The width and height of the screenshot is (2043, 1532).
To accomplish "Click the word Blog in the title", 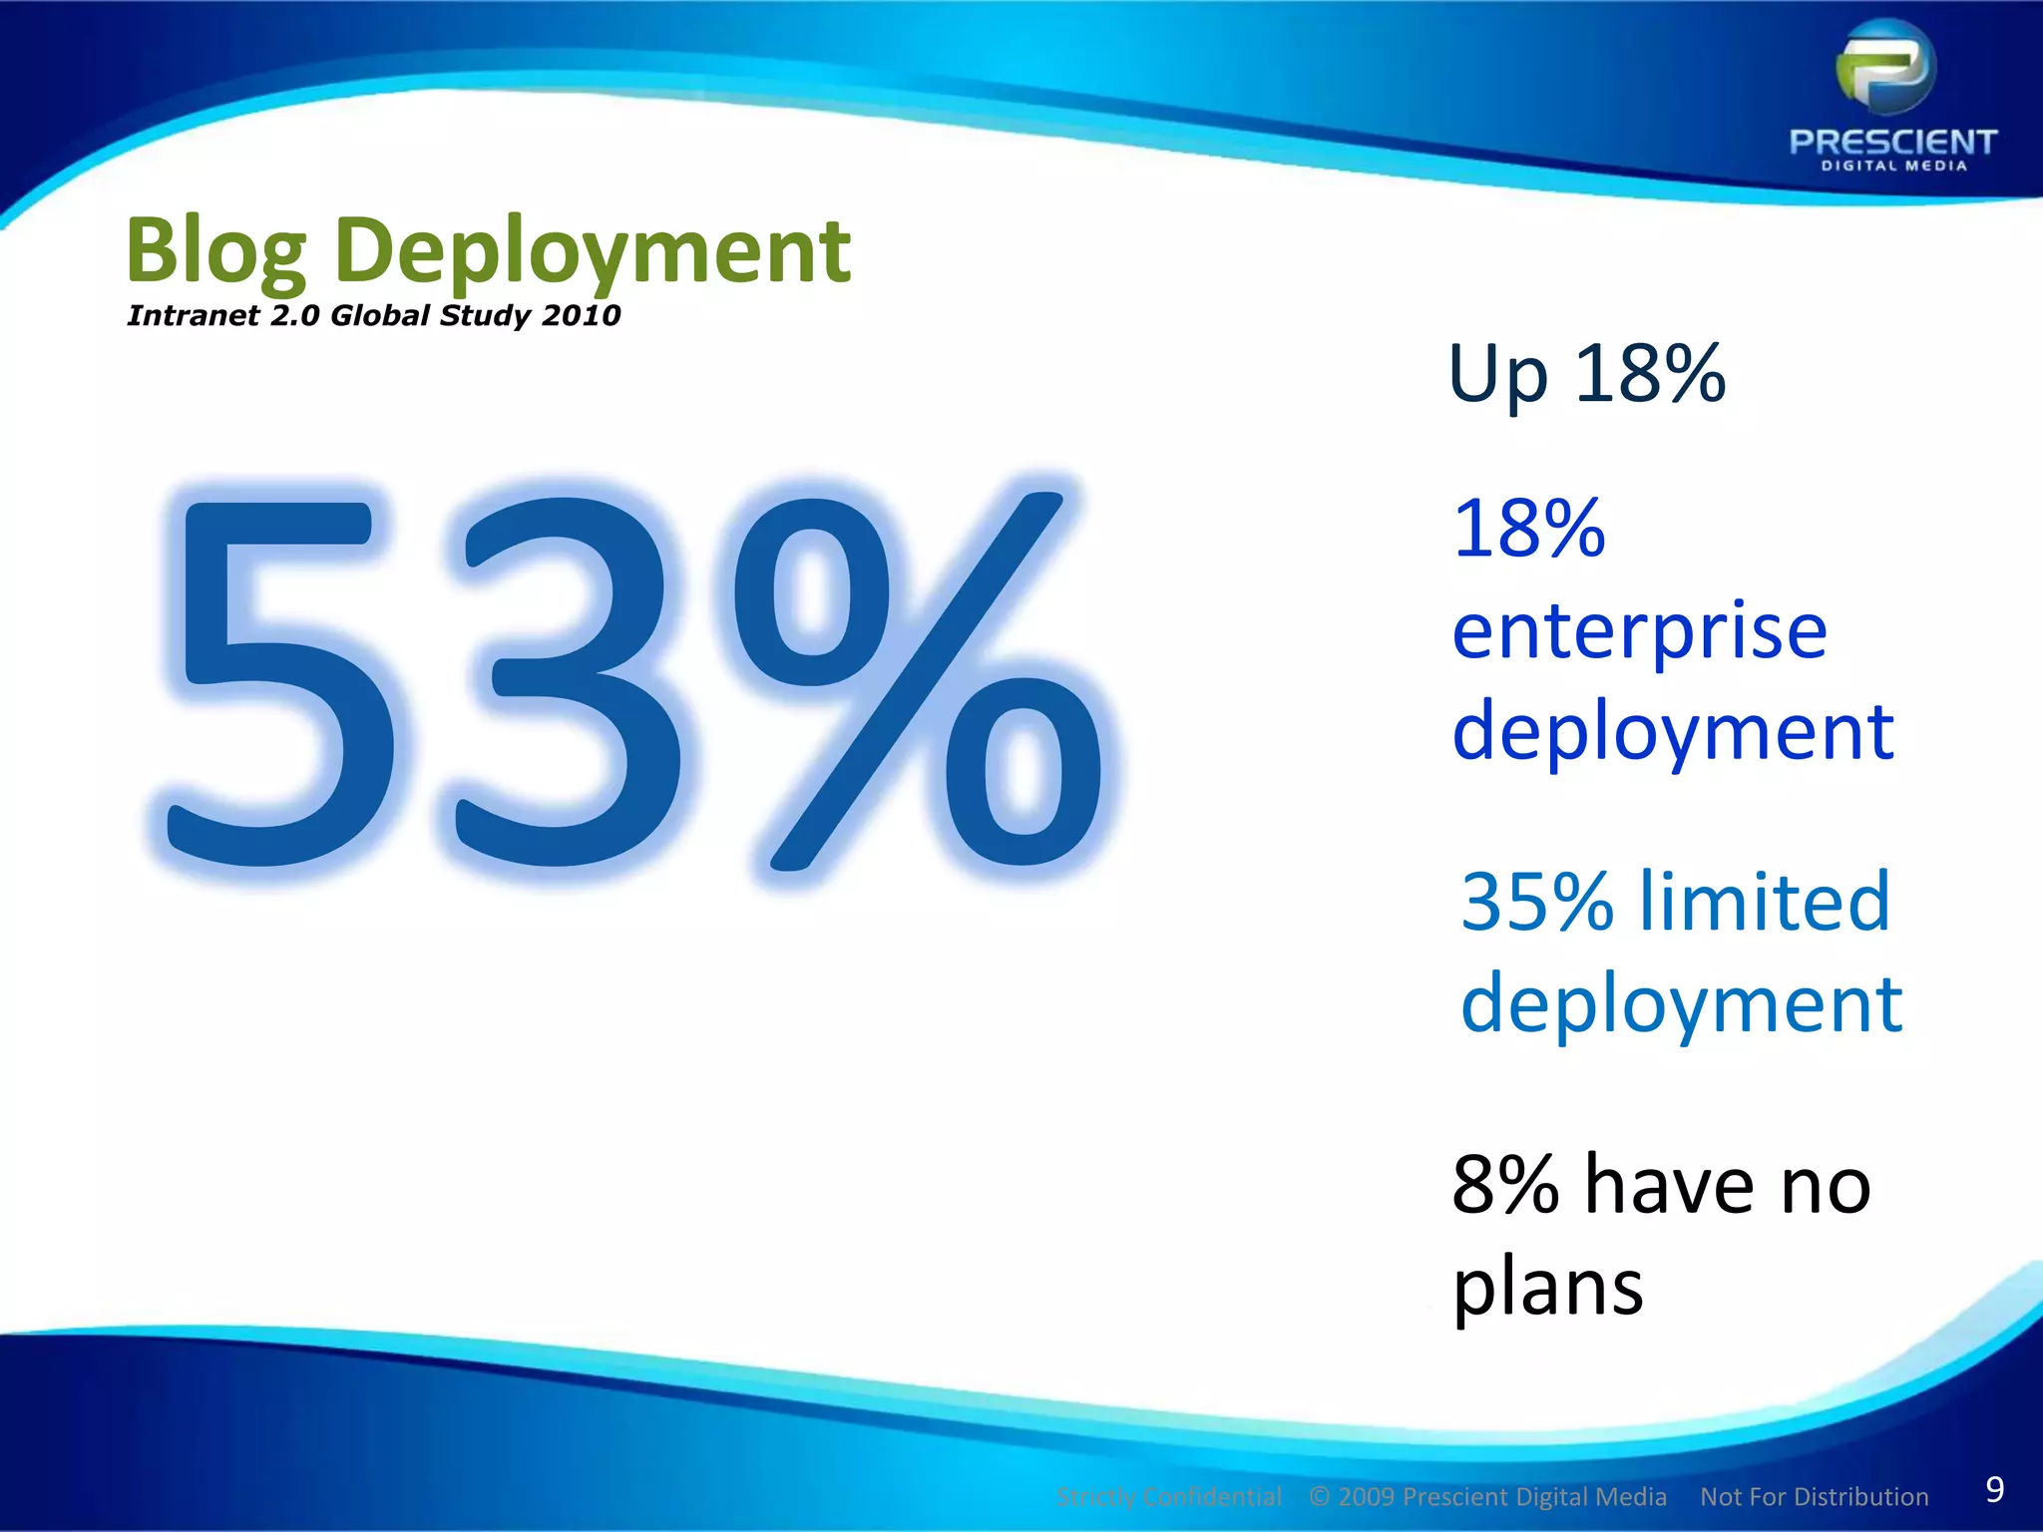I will [x=215, y=251].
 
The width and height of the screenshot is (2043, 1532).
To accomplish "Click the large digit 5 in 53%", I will [x=274, y=678].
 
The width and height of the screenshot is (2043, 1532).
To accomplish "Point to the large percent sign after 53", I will [x=918, y=678].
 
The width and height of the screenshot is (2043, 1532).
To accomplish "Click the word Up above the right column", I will [x=1498, y=375].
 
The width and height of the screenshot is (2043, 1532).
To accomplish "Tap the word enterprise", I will [x=1639, y=632].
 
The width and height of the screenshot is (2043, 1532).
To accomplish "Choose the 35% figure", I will [x=1536, y=902].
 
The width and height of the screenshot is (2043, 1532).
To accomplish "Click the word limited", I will [x=1765, y=902].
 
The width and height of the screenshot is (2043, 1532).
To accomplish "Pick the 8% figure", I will [x=1505, y=1185].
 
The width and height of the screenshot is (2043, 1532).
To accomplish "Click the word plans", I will [x=1547, y=1289].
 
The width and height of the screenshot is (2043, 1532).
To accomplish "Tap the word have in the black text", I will [x=1669, y=1185].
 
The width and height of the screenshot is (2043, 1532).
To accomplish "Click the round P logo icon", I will [x=1886, y=68].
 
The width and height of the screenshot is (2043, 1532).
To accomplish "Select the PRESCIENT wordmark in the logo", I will [x=1892, y=142].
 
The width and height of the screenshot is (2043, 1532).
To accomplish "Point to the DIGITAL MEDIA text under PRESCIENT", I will [x=1893, y=167].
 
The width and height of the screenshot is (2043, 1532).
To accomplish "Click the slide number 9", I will [x=1994, y=1489].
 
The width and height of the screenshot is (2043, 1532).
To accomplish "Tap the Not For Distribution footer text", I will [x=1814, y=1497].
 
